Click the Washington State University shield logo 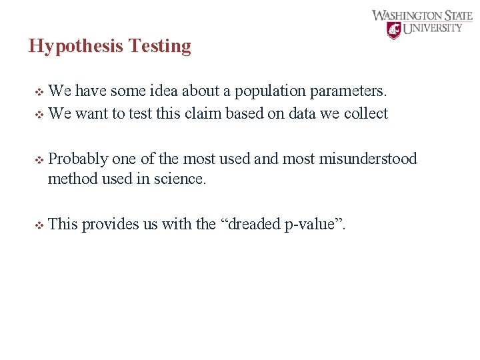pos(395,30)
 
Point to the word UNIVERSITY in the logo pos(433,29)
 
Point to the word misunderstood pos(369,159)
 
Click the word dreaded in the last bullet pos(255,224)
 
